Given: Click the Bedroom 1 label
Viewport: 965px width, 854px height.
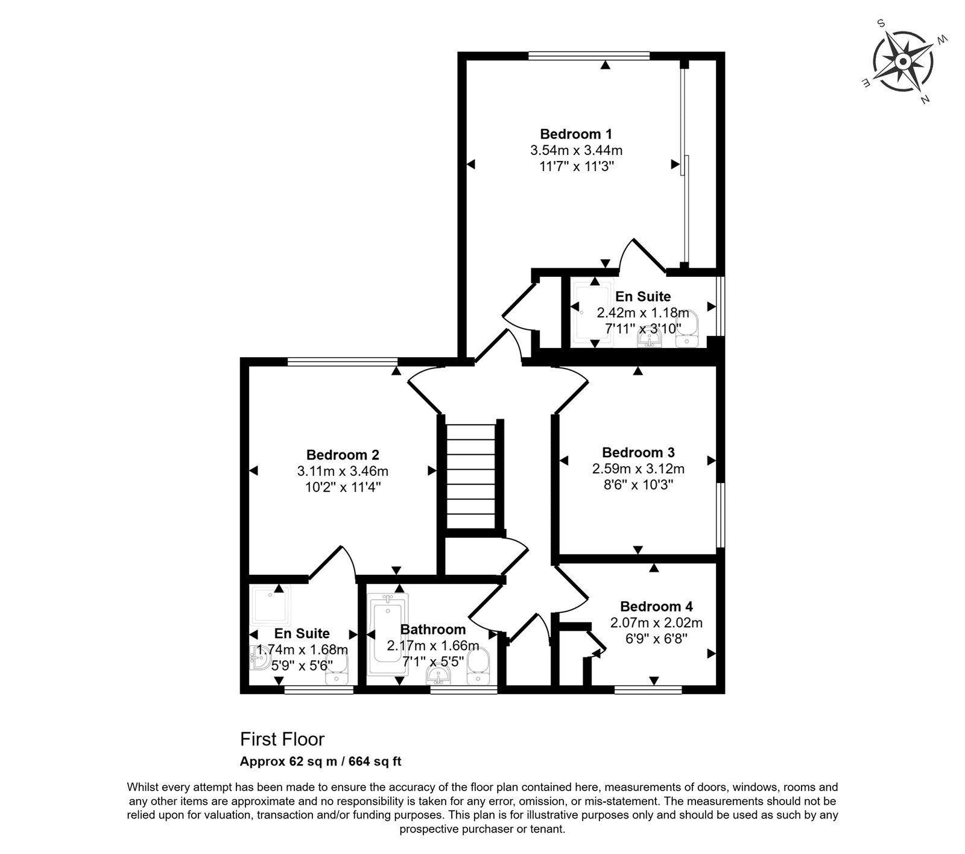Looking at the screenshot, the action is (x=576, y=134).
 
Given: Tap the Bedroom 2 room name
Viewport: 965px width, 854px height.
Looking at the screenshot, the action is (x=343, y=455).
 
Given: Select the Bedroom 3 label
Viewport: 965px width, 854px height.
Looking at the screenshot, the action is (x=638, y=452).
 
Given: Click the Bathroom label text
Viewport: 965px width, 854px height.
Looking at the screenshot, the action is (x=433, y=630).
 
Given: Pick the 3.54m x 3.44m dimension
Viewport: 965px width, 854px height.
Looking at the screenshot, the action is (x=576, y=150).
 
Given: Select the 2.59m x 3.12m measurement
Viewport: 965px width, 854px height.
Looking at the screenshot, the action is (x=638, y=469).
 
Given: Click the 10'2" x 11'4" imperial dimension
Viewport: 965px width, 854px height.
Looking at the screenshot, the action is (x=343, y=487).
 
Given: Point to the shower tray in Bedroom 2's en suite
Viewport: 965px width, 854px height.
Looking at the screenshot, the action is (x=271, y=605).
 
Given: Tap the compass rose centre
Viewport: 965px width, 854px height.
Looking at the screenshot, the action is (x=903, y=62).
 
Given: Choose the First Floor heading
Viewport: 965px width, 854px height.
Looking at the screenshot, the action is (x=282, y=739).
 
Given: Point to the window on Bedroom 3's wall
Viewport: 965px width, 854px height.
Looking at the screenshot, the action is (x=721, y=514).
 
